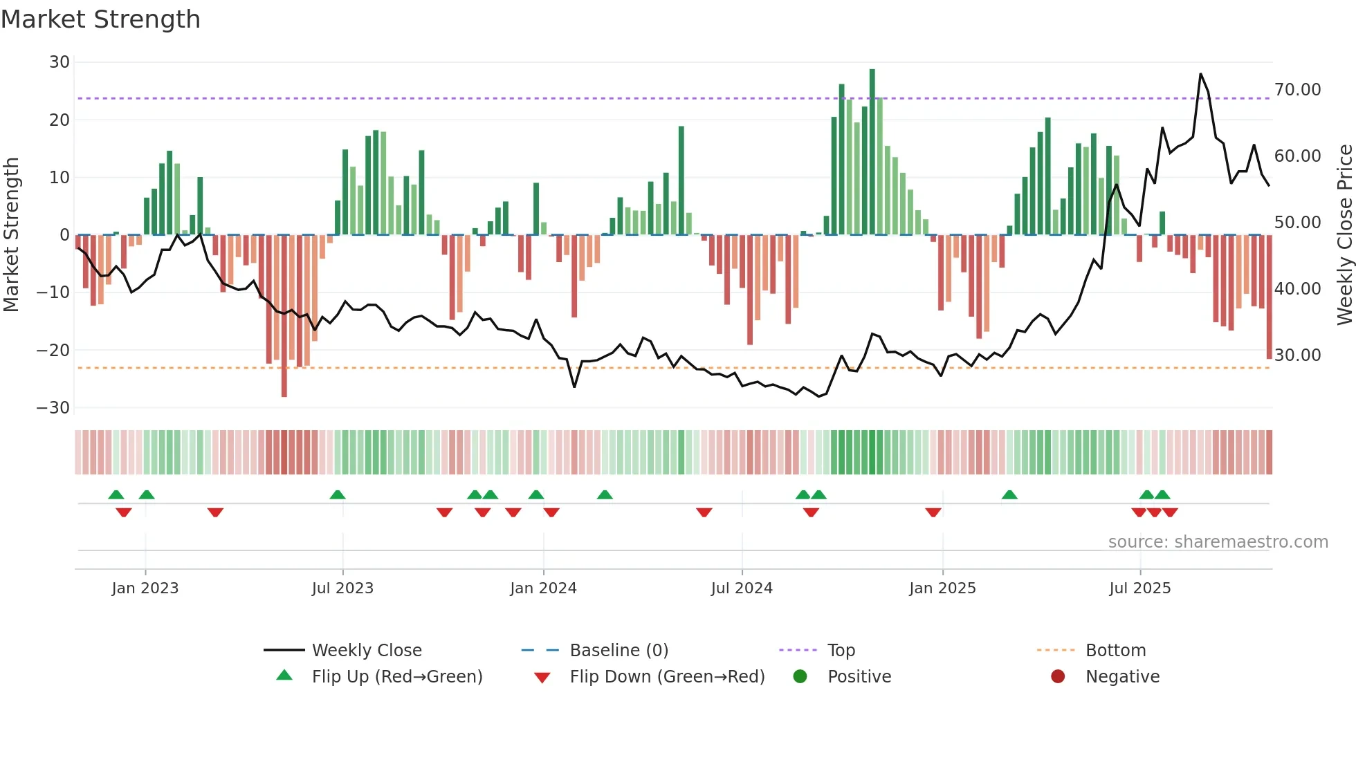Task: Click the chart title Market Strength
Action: tap(100, 19)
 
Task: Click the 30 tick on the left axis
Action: tap(59, 62)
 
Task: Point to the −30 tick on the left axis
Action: tap(53, 408)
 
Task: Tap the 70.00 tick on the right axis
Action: tap(1297, 90)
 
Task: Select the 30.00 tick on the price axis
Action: tap(1297, 355)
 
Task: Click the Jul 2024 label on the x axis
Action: tap(742, 588)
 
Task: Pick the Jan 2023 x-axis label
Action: tap(145, 588)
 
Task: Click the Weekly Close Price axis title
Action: tap(1344, 235)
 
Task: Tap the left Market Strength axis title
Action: tap(12, 235)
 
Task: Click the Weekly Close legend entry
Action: tap(367, 651)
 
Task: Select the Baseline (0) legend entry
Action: tap(619, 651)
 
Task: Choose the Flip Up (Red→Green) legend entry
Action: tap(396, 677)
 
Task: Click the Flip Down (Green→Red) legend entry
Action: tap(667, 677)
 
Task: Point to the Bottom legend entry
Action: tap(1115, 651)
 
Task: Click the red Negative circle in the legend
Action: tap(1058, 677)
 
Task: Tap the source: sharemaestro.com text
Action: tap(1218, 542)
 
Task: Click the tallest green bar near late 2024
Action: tap(872, 152)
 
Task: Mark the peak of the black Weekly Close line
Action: tap(1200, 74)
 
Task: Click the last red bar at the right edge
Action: tap(1269, 297)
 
